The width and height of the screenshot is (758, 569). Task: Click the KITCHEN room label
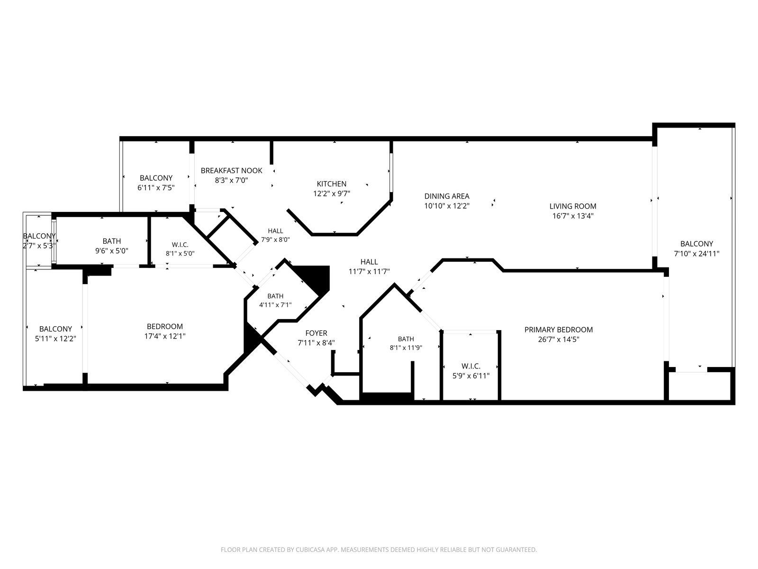pyautogui.click(x=332, y=184)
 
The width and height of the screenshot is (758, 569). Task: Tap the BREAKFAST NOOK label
pyautogui.click(x=231, y=171)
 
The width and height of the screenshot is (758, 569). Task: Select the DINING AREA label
pyautogui.click(x=447, y=196)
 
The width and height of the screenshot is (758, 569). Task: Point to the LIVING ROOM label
pyautogui.click(x=573, y=206)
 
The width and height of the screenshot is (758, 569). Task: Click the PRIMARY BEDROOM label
pyautogui.click(x=559, y=330)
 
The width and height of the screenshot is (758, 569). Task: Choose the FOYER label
pyautogui.click(x=316, y=333)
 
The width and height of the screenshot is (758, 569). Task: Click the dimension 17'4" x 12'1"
pyautogui.click(x=165, y=336)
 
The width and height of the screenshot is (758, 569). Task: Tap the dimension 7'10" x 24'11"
pyautogui.click(x=696, y=254)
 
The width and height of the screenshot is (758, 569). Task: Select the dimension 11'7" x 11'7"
pyautogui.click(x=369, y=272)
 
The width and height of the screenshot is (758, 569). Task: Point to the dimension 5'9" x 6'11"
pyautogui.click(x=471, y=376)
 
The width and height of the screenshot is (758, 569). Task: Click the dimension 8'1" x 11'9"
pyautogui.click(x=406, y=348)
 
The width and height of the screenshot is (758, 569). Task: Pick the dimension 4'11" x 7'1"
pyautogui.click(x=275, y=305)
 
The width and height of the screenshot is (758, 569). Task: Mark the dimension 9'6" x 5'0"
pyautogui.click(x=111, y=251)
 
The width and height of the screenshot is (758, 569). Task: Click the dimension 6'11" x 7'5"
pyautogui.click(x=156, y=188)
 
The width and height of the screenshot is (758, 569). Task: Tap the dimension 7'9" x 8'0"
pyautogui.click(x=275, y=239)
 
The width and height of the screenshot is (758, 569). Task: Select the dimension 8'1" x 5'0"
pyautogui.click(x=180, y=254)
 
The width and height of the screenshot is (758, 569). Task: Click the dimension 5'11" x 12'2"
pyautogui.click(x=55, y=339)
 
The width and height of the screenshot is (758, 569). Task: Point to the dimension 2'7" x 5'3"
pyautogui.click(x=39, y=246)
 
